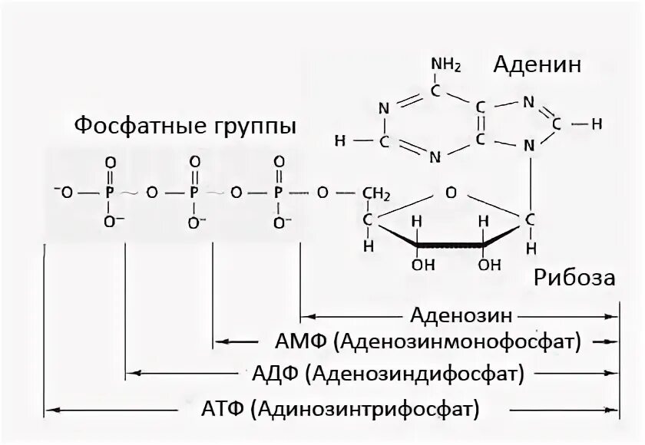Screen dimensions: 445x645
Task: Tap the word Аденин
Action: (x=537, y=64)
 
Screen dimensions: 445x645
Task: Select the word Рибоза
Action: (x=574, y=278)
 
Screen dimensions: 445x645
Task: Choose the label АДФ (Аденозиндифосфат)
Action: (x=388, y=374)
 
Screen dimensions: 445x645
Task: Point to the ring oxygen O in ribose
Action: (x=450, y=191)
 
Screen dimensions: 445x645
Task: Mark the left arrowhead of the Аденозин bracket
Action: (x=305, y=315)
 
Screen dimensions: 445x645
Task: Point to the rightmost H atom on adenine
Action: (x=597, y=123)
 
